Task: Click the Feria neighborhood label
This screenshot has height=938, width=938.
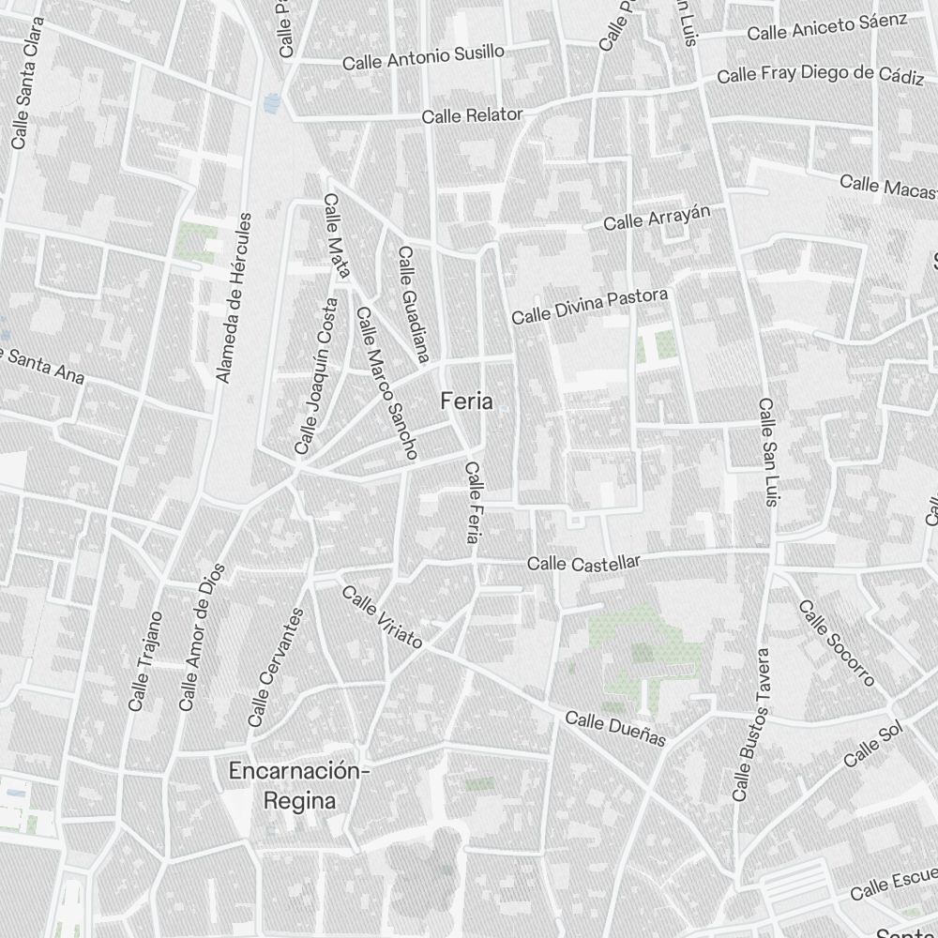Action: pos(466,401)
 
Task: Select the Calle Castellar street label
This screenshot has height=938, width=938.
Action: pos(583,563)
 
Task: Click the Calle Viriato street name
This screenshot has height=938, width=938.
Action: pos(382,618)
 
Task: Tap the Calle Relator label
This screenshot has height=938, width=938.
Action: pos(472,115)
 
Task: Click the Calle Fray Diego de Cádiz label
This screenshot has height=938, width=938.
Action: pos(820,74)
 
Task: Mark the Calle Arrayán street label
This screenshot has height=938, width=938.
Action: pos(657,217)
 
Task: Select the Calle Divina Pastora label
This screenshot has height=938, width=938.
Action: pos(589,307)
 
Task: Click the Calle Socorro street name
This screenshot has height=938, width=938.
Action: pos(837,643)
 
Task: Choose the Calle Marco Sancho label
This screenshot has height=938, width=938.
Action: pos(385,384)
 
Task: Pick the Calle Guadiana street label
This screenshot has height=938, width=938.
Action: pos(413,304)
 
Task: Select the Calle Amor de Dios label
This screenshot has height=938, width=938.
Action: pos(203,636)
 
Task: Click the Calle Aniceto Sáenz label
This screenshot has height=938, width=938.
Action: pos(826,26)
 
